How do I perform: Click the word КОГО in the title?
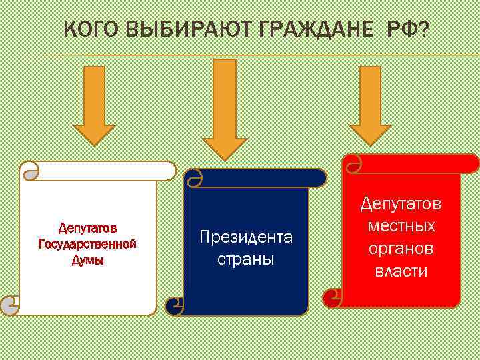tap(92, 31)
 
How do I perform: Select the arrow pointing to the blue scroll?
tap(225, 109)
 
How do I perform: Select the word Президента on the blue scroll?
tap(246, 237)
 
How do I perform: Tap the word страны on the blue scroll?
tap(246, 259)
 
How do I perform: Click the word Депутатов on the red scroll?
tap(401, 203)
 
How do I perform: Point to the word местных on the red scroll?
tap(401, 226)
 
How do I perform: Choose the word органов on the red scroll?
tap(401, 249)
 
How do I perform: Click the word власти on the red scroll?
tap(401, 271)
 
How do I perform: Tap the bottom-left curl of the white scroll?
tap(9, 305)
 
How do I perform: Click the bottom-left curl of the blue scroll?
tap(175, 305)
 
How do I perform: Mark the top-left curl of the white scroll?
tap(30, 172)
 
